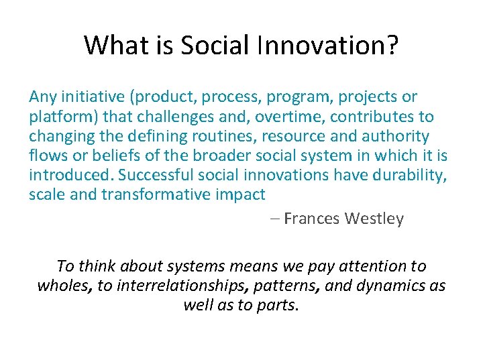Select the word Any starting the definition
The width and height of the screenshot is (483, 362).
(42, 97)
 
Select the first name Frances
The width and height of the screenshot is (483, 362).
(313, 219)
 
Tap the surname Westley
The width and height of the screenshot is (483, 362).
(374, 219)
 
